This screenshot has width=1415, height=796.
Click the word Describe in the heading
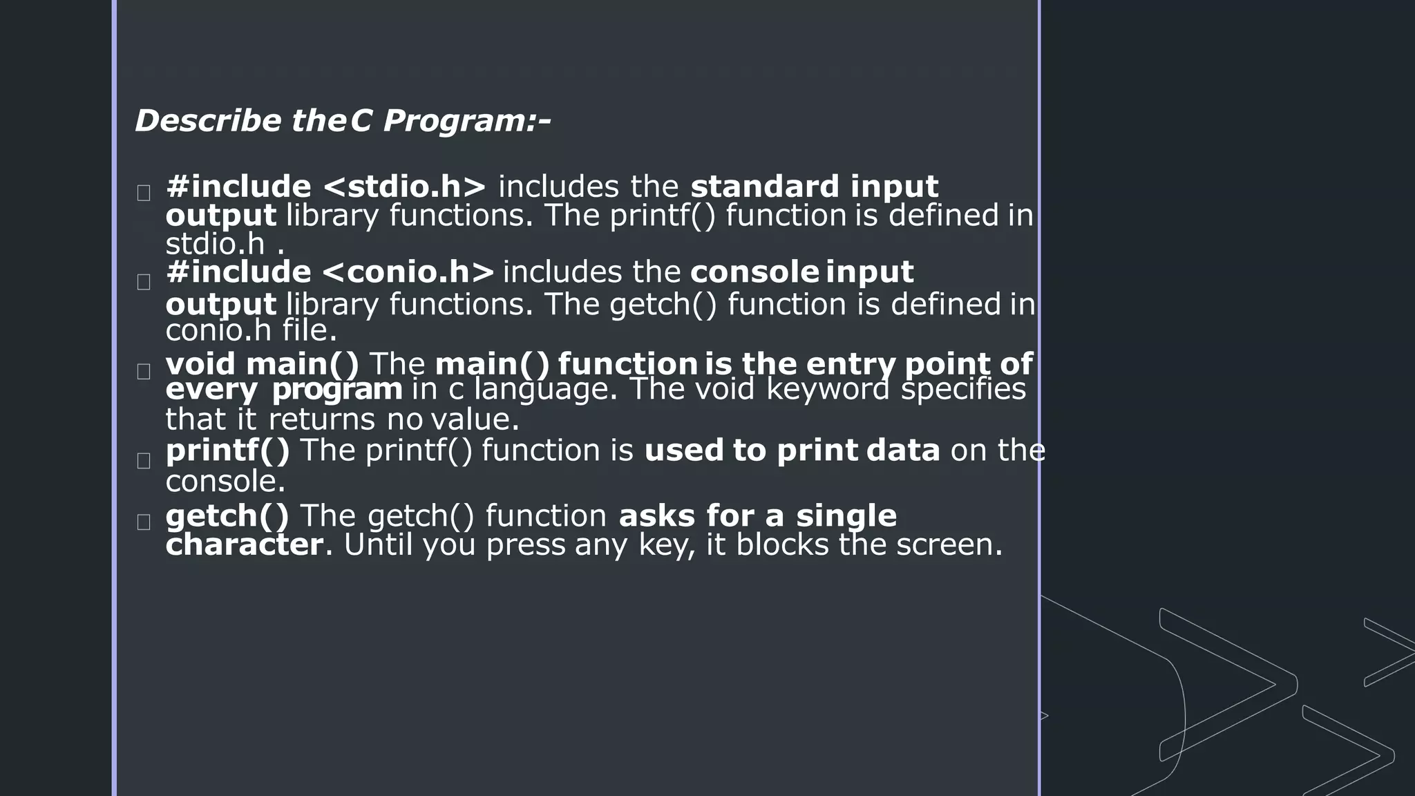click(208, 121)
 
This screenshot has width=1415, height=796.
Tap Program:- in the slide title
click(466, 121)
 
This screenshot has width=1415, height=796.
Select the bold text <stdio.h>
click(404, 187)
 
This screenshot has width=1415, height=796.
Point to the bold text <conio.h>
click(408, 272)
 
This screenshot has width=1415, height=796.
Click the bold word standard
click(765, 187)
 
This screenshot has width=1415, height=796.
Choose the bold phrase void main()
click(263, 364)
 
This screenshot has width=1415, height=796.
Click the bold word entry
click(851, 364)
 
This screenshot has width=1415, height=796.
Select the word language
click(545, 389)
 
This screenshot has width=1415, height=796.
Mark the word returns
click(322, 419)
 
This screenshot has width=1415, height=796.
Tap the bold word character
click(244, 544)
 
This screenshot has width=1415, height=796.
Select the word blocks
click(781, 544)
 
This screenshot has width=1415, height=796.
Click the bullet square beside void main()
click(144, 372)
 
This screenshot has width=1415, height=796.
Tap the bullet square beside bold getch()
click(144, 522)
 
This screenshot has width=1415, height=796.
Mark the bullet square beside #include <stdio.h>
click(144, 193)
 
